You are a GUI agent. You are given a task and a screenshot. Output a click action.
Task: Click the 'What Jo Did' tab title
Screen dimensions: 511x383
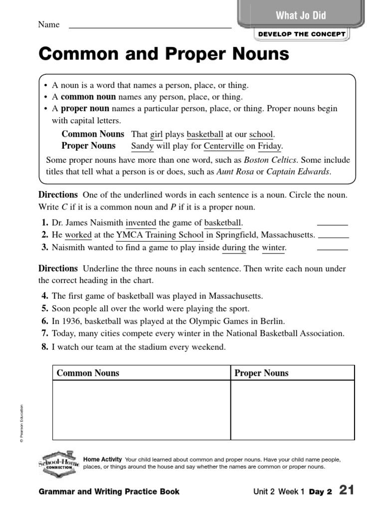301,15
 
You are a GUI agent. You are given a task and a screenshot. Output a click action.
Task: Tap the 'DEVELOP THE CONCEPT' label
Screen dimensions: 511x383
302,34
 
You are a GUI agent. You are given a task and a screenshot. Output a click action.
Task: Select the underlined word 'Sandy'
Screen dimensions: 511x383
142,146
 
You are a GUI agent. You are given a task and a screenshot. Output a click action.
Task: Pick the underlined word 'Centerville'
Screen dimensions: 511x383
224,146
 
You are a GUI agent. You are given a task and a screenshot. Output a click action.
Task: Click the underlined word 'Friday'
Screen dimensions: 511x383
270,146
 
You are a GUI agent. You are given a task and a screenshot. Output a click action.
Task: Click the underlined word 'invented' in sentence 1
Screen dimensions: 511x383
141,223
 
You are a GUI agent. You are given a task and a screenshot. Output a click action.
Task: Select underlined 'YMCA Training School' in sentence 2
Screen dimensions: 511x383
160,235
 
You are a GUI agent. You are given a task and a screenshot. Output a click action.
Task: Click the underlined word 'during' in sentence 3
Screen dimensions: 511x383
234,248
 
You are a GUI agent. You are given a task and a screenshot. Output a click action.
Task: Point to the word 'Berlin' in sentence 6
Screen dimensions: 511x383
272,321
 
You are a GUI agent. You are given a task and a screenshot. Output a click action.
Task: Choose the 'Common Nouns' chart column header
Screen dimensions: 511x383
88,373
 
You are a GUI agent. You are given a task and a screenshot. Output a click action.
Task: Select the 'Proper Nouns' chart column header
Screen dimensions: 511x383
261,373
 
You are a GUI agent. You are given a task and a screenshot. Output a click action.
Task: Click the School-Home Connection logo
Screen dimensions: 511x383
58,462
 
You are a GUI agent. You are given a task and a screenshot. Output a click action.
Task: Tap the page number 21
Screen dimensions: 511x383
346,490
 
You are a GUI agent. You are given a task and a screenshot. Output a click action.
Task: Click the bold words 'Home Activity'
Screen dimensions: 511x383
102,459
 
